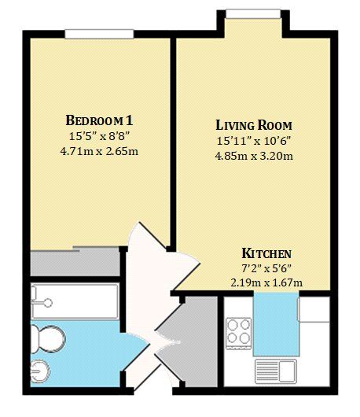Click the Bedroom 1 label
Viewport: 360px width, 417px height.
pyautogui.click(x=99, y=120)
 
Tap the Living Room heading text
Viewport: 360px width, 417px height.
pyautogui.click(x=254, y=125)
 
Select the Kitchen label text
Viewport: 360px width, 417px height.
pyautogui.click(x=266, y=253)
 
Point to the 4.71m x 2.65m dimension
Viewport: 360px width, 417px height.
pyautogui.click(x=99, y=151)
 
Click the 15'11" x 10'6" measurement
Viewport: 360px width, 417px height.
pyautogui.click(x=254, y=141)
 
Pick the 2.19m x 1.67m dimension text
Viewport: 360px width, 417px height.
pyautogui.click(x=266, y=282)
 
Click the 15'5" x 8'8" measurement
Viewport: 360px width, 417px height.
pyautogui.click(x=99, y=136)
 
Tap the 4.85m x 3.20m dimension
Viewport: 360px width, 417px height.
pyautogui.click(x=254, y=156)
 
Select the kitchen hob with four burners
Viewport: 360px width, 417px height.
pyautogui.click(x=238, y=334)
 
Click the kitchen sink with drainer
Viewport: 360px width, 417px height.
pyautogui.click(x=276, y=371)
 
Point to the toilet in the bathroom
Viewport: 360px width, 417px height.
pyautogui.click(x=47, y=340)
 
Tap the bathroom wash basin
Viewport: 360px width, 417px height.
pyautogui.click(x=40, y=371)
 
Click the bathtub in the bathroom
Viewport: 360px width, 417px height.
pyautogui.click(x=75, y=301)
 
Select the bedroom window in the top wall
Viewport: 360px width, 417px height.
pyautogui.click(x=99, y=34)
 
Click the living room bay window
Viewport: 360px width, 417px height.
pyautogui.click(x=253, y=14)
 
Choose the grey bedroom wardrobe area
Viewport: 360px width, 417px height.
pyautogui.click(x=75, y=263)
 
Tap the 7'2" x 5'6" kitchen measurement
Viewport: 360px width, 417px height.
pyautogui.click(x=266, y=268)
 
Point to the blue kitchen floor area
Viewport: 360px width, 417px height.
pyautogui.click(x=275, y=324)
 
